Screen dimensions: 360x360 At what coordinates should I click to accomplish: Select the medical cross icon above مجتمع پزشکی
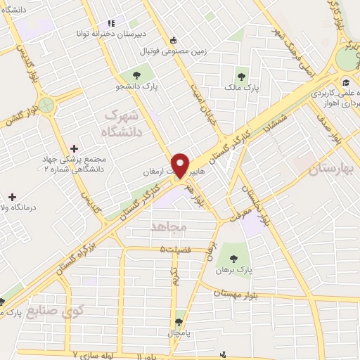75,148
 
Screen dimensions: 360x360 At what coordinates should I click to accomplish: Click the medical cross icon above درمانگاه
11,196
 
